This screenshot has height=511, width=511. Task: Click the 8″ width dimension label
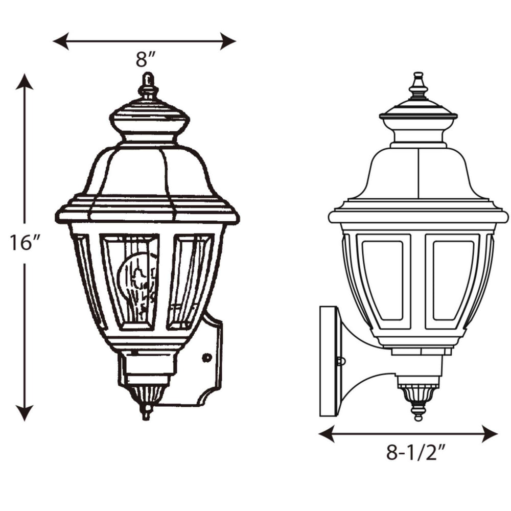coord(145,60)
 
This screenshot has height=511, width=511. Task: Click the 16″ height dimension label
coord(25,243)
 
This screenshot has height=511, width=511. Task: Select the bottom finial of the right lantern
coord(419,412)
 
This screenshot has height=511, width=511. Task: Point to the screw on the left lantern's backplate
coord(206,358)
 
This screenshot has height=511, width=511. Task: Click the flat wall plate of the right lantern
coord(328,361)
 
